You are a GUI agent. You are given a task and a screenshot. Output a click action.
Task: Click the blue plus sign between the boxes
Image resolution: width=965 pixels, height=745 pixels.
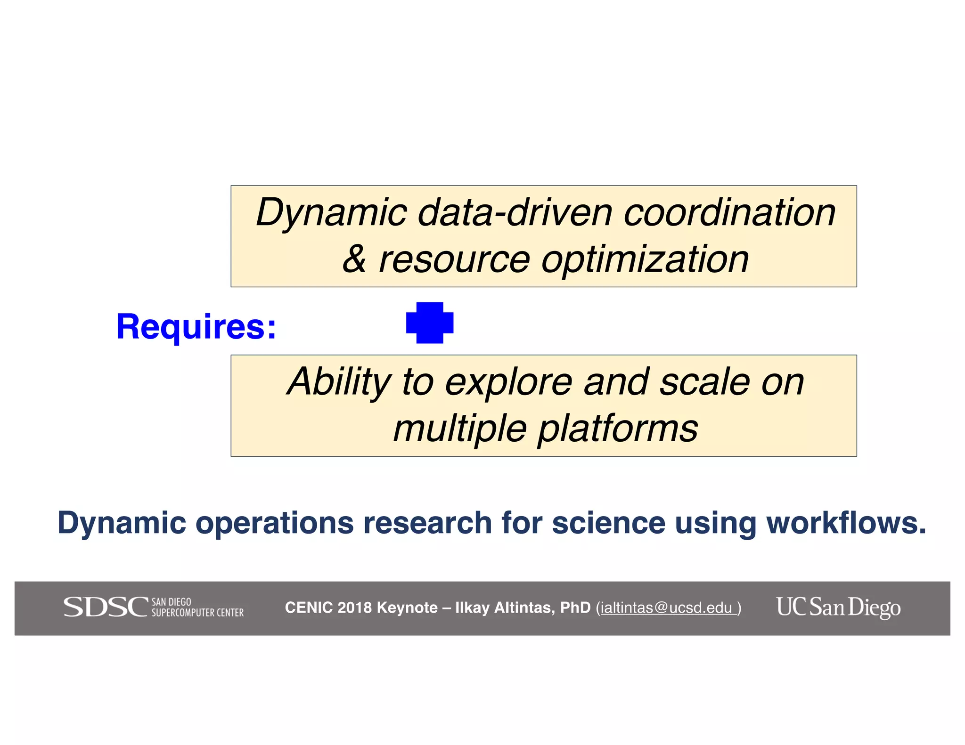point(429,323)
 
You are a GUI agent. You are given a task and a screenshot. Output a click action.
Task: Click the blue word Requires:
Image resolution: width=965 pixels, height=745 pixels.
point(196,326)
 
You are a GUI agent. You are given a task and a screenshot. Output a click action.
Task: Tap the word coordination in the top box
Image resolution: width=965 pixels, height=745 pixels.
point(729,213)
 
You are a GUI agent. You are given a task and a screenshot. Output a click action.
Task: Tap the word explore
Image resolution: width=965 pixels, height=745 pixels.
point(508,382)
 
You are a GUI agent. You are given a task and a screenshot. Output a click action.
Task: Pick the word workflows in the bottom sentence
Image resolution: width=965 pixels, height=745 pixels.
point(845,523)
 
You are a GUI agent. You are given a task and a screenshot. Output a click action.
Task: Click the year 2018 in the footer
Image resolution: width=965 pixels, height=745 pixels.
point(354,607)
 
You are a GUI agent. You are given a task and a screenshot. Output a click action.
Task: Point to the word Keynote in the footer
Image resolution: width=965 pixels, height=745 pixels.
point(407,607)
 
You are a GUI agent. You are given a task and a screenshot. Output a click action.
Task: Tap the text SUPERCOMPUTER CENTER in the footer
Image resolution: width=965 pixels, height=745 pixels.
point(197,613)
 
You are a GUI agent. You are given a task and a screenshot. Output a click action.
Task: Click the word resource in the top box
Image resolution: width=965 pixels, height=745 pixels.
point(454,260)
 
